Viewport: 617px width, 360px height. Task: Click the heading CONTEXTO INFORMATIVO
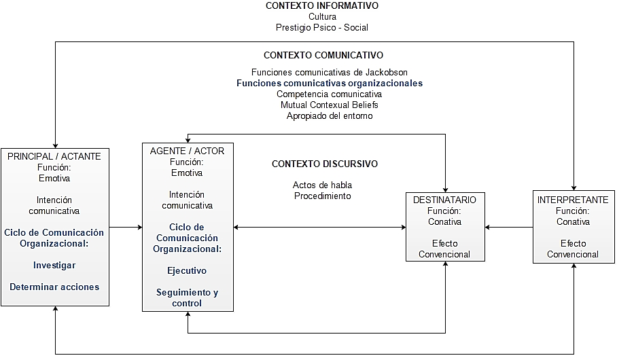tap(322, 5)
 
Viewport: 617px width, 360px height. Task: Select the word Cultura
tap(322, 16)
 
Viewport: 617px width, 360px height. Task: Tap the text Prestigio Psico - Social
tap(322, 27)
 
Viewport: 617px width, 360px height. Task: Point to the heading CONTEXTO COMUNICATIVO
tap(323, 55)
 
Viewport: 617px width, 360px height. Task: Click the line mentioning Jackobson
tap(330, 72)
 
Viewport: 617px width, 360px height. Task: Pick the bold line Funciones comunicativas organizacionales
tap(330, 83)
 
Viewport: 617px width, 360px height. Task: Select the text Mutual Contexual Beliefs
tap(330, 105)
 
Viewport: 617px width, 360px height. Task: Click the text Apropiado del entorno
tap(330, 115)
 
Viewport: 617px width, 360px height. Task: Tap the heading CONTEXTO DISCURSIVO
tap(325, 164)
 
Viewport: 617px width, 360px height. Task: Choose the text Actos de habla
tap(322, 185)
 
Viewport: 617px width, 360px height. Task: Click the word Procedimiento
tap(322, 196)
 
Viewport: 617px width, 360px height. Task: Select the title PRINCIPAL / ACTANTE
tap(54, 156)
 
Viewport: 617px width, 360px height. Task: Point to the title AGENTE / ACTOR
tap(187, 151)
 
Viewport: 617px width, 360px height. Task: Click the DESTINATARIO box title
tap(444, 200)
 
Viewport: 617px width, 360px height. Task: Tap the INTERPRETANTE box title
tap(573, 200)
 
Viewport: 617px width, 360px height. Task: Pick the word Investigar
tap(54, 265)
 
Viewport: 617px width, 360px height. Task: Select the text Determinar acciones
tap(54, 287)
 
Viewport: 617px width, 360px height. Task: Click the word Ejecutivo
tap(187, 270)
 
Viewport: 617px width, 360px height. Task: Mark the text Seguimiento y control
tap(187, 298)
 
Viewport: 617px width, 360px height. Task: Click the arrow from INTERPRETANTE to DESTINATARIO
tap(509, 228)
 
